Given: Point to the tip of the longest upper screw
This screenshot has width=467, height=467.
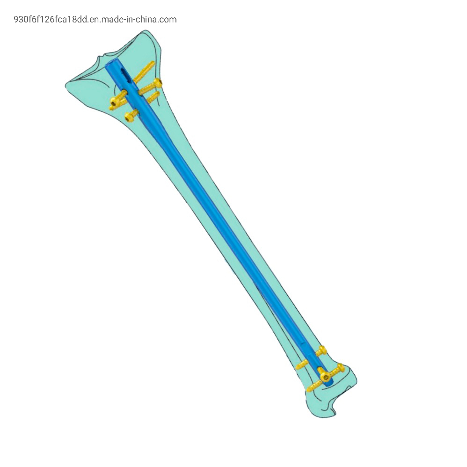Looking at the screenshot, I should click(153, 63).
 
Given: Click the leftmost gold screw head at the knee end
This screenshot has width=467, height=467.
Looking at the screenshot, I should click(114, 102).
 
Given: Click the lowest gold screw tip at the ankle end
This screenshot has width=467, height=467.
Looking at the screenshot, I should click(309, 389).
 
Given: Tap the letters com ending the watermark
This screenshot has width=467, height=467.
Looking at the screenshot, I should click(168, 20).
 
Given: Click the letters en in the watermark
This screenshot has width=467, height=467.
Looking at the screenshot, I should click(94, 20).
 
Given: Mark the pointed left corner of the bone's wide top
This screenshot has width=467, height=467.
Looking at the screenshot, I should click(66, 85).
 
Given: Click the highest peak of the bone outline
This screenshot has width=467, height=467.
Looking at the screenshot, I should click(148, 31).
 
